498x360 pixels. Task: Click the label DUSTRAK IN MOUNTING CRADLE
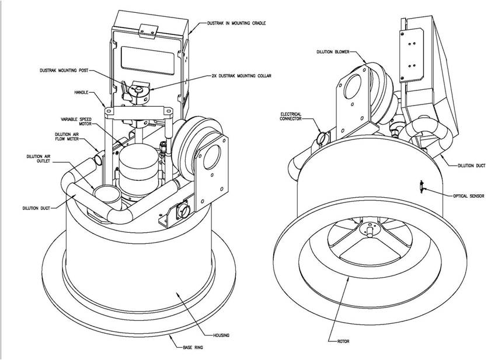point(236,23)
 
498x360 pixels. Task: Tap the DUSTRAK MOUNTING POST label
point(64,70)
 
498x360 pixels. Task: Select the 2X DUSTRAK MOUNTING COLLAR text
point(241,76)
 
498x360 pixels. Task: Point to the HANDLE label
point(81,92)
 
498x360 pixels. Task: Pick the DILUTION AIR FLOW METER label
point(67,137)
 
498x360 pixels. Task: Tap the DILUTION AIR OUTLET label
point(39,159)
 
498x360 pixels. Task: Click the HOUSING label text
point(221,335)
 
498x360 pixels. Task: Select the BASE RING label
point(193,347)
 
